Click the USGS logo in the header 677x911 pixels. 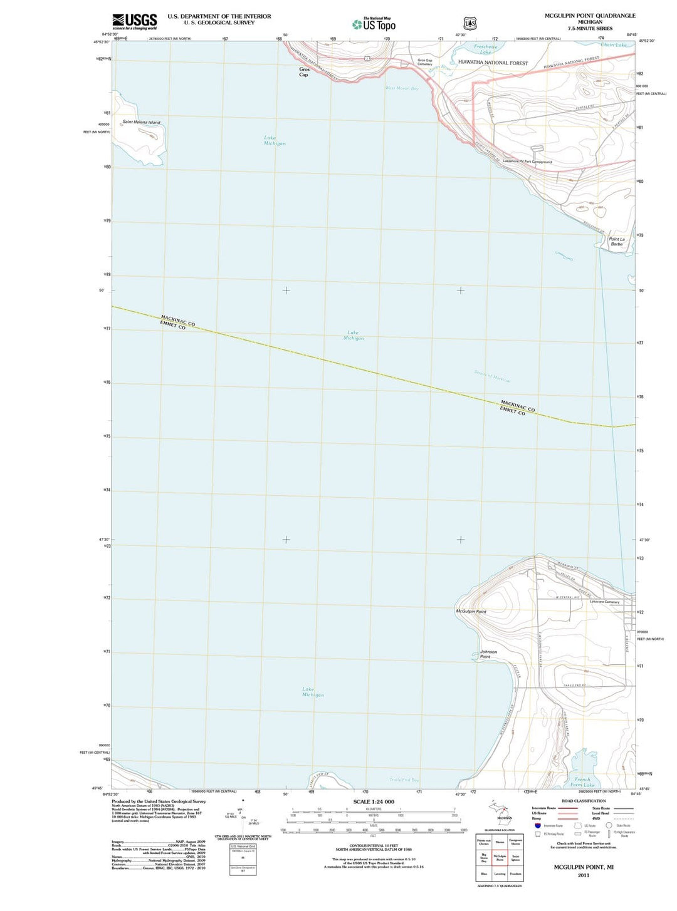coord(135,22)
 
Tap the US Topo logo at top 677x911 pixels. coord(374,24)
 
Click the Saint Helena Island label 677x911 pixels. coord(141,122)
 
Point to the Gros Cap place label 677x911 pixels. coord(304,72)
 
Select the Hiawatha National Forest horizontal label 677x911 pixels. coord(493,63)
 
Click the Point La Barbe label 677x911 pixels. coord(617,241)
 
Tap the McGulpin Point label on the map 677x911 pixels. coord(471,611)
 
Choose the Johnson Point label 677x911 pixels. coord(488,654)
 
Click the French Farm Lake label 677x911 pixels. coord(582,782)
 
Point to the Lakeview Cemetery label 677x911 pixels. coord(604,602)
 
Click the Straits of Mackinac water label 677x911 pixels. coord(492,376)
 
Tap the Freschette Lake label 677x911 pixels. coord(486,49)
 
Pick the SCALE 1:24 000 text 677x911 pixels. coord(374,801)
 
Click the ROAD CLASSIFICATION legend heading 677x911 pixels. coord(584,801)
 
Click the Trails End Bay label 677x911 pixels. coord(404,780)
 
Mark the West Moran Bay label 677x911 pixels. coord(401,88)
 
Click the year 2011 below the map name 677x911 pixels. coord(583,875)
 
